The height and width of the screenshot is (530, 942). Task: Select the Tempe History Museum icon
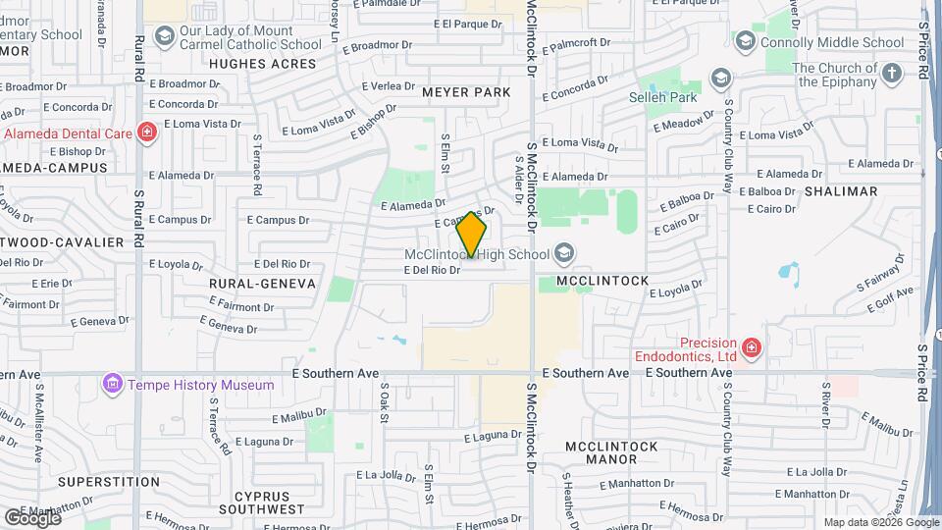pyautogui.click(x=113, y=384)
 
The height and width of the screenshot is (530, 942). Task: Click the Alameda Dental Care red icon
pyautogui.click(x=146, y=132)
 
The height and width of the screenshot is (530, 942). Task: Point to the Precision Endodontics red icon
pyautogui.click(x=751, y=346)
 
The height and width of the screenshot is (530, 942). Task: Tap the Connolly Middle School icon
pyautogui.click(x=745, y=42)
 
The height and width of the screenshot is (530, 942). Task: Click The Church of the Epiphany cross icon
pyautogui.click(x=891, y=75)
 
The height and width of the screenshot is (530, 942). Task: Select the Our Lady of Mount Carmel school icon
pyautogui.click(x=164, y=37)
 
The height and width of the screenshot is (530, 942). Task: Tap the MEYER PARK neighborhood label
pyautogui.click(x=467, y=92)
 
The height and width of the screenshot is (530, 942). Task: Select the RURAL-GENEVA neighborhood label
pyautogui.click(x=262, y=283)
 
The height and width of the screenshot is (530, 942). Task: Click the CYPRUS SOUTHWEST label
pyautogui.click(x=262, y=503)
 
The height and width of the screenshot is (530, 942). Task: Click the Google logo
pyautogui.click(x=32, y=517)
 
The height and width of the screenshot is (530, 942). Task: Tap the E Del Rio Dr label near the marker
pyautogui.click(x=432, y=270)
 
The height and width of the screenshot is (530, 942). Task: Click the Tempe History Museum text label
pyautogui.click(x=200, y=385)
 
